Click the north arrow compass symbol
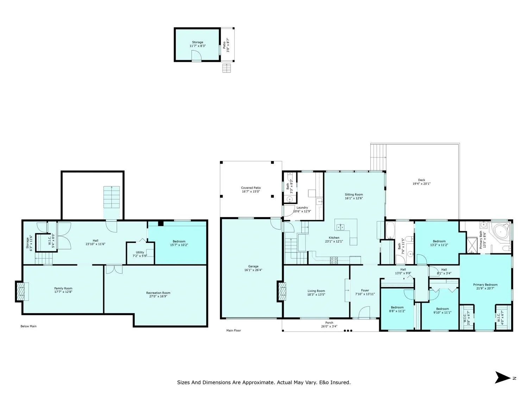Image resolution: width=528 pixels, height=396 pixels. [x=503, y=377]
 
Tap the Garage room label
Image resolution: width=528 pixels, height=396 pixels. [x=253, y=266]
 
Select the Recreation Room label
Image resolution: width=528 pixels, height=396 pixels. [x=158, y=293]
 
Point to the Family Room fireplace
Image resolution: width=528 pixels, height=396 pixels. [x=21, y=291]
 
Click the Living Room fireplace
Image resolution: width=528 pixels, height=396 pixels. [x=282, y=291]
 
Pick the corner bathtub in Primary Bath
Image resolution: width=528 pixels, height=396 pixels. [x=500, y=232]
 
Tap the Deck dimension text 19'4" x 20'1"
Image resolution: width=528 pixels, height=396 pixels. [x=421, y=184]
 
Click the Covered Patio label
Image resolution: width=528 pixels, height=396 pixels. [x=251, y=188]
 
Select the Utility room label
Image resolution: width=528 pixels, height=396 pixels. [x=140, y=252]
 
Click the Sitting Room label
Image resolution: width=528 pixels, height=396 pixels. [x=354, y=195]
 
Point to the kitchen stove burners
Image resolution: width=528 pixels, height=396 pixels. [x=334, y=260]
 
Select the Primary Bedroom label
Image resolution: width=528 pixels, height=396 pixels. [x=485, y=285]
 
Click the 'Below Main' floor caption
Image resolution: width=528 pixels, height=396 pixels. [x=29, y=326]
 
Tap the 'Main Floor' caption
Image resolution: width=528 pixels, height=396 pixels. [x=233, y=331]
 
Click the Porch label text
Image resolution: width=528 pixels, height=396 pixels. [x=329, y=323]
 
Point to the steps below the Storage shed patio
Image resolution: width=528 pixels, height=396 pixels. [x=227, y=68]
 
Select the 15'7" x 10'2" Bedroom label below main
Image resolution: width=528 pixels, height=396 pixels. [x=179, y=243]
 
